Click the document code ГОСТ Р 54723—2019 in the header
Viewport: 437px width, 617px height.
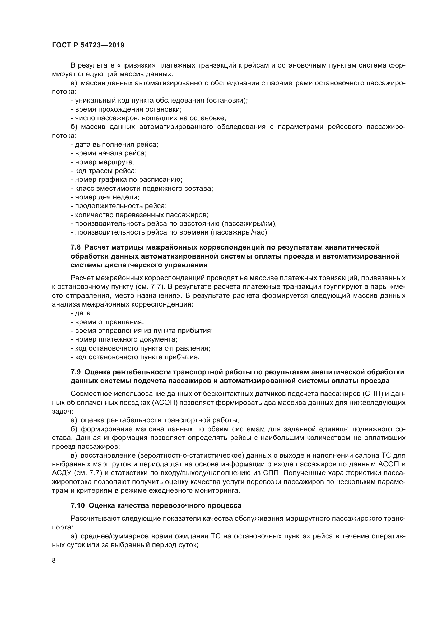pos(88,45)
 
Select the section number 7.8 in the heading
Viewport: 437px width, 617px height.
pos(76,247)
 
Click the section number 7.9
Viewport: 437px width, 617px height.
pos(76,372)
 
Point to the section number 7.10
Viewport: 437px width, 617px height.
pos(77,505)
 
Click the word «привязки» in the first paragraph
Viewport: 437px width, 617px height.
pos(136,65)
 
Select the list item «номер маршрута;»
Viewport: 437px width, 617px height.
pos(103,162)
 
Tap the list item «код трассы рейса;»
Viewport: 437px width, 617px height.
pos(104,171)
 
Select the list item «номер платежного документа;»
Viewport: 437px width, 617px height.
pos(124,339)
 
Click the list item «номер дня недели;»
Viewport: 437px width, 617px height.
pos(105,197)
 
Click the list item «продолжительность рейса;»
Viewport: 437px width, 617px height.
pos(119,206)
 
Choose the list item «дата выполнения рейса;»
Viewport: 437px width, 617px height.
pos(115,145)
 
